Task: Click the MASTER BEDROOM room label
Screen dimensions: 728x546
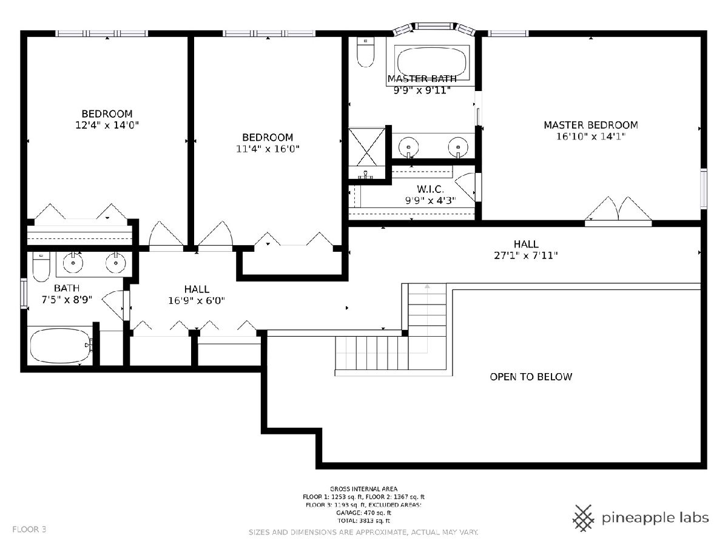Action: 591,125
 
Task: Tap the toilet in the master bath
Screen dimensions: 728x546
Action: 365,52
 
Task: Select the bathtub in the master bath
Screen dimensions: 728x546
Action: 431,62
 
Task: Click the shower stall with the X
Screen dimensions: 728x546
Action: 366,147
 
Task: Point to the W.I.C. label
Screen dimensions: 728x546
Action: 430,189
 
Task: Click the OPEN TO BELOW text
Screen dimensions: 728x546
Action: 531,377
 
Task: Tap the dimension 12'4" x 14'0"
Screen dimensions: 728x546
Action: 107,125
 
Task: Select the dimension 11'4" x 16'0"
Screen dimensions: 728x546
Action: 268,149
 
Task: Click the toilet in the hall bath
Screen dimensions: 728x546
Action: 41,267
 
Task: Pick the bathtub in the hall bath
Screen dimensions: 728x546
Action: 60,346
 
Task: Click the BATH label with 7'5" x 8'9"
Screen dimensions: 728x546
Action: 67,288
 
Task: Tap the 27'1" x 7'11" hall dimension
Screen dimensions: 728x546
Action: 526,255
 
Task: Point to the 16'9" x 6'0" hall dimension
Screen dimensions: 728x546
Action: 197,301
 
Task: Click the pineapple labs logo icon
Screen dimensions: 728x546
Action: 584,518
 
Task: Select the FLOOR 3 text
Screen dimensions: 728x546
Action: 29,530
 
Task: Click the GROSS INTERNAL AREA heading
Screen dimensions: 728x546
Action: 363,489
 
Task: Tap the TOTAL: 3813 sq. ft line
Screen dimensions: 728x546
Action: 363,521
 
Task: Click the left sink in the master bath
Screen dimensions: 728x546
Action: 408,147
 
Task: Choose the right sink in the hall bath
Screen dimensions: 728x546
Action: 116,263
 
